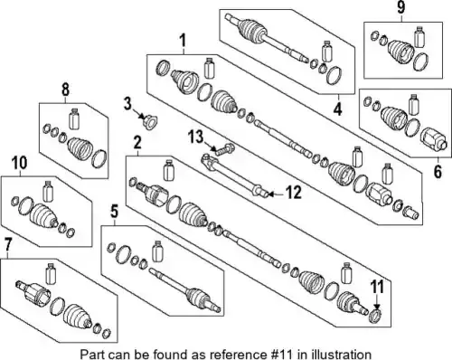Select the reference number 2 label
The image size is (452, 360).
click(x=137, y=142)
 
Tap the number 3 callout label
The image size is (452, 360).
click(x=127, y=104)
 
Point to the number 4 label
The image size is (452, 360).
click(x=338, y=109)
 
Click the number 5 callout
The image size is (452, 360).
click(x=114, y=212)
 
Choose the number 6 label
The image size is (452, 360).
click(x=438, y=171)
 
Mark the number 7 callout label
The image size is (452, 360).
click(x=8, y=244)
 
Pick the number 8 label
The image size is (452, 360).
click(x=65, y=90)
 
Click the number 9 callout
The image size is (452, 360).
click(x=401, y=7)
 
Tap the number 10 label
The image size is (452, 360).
click(x=20, y=163)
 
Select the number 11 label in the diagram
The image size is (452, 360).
click(x=377, y=287)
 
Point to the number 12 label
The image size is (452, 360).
click(x=294, y=193)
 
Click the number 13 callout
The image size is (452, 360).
click(x=196, y=137)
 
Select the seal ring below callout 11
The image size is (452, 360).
click(x=375, y=316)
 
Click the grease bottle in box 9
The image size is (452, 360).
click(x=419, y=37)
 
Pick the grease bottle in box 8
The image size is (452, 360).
click(x=73, y=118)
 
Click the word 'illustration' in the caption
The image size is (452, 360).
click(x=343, y=354)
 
